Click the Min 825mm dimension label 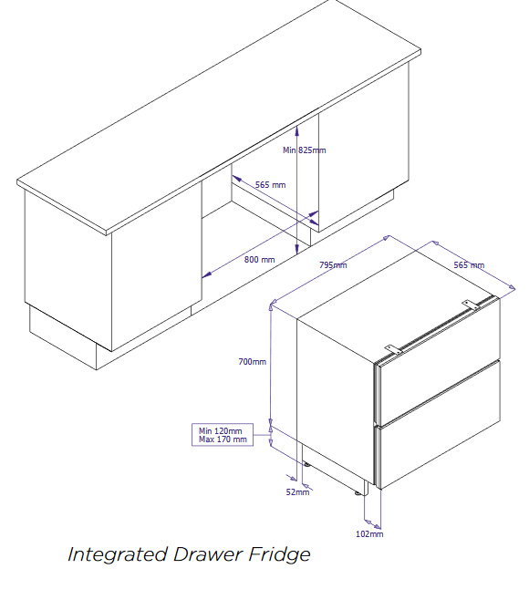click(x=305, y=150)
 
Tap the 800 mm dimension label click(x=259, y=259)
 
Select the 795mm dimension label click(x=333, y=265)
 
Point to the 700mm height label click(x=253, y=361)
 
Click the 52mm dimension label click(x=297, y=491)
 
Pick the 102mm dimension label click(x=369, y=533)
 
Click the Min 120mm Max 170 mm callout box click(x=223, y=435)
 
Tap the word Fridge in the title click(x=279, y=554)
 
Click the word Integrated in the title click(x=118, y=554)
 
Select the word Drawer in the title click(x=208, y=553)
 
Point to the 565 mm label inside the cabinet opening click(x=270, y=184)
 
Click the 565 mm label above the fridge click(x=469, y=265)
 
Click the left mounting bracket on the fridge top click(x=393, y=349)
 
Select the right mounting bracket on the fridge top click(x=471, y=305)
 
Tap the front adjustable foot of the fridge click(x=358, y=493)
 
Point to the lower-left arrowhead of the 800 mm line click(x=207, y=275)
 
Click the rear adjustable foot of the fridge click(x=306, y=464)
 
